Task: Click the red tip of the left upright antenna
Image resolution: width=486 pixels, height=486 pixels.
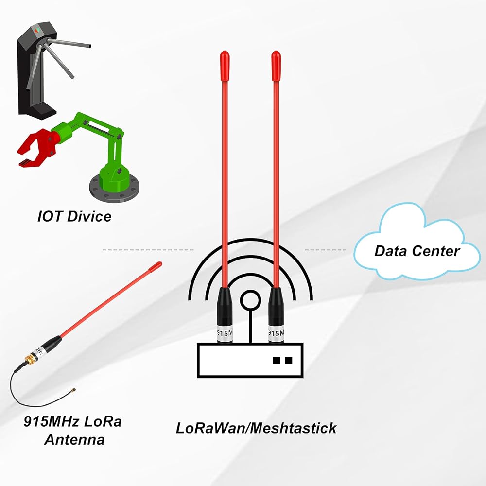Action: (225, 66)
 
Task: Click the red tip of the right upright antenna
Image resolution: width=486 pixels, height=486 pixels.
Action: (276, 66)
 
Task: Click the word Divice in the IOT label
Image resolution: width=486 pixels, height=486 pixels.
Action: (89, 216)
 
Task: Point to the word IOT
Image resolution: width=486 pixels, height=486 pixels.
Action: (50, 216)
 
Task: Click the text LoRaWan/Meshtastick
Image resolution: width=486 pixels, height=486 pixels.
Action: (256, 428)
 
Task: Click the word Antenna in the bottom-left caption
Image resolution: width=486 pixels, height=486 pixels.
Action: (74, 439)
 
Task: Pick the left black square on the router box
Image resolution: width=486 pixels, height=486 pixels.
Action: (276, 360)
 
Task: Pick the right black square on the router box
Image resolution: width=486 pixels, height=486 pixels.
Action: (288, 360)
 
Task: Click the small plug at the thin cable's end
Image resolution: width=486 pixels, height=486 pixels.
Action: (74, 389)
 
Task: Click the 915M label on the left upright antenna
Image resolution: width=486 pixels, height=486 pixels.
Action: (225, 333)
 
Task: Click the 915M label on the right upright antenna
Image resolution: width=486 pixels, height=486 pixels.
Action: (276, 333)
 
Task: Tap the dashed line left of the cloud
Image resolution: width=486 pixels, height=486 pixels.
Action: (325, 249)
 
